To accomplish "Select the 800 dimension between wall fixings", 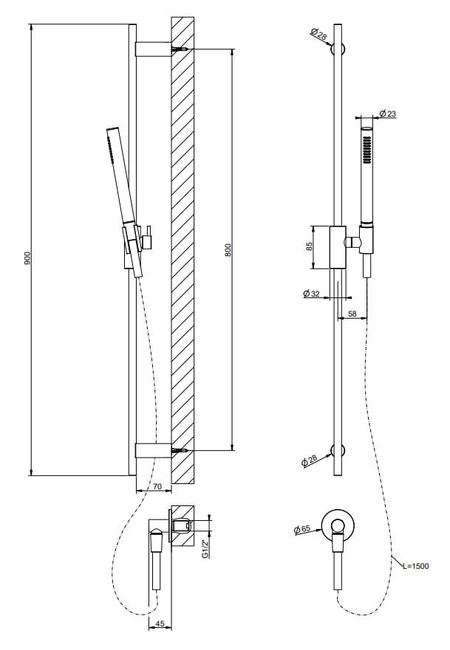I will pyautogui.click(x=228, y=250).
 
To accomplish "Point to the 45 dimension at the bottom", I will pyautogui.click(x=160, y=624).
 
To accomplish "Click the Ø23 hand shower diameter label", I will pyautogui.click(x=388, y=113).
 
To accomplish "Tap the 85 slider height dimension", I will pyautogui.click(x=311, y=246).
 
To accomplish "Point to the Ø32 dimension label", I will pyautogui.click(x=311, y=294).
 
